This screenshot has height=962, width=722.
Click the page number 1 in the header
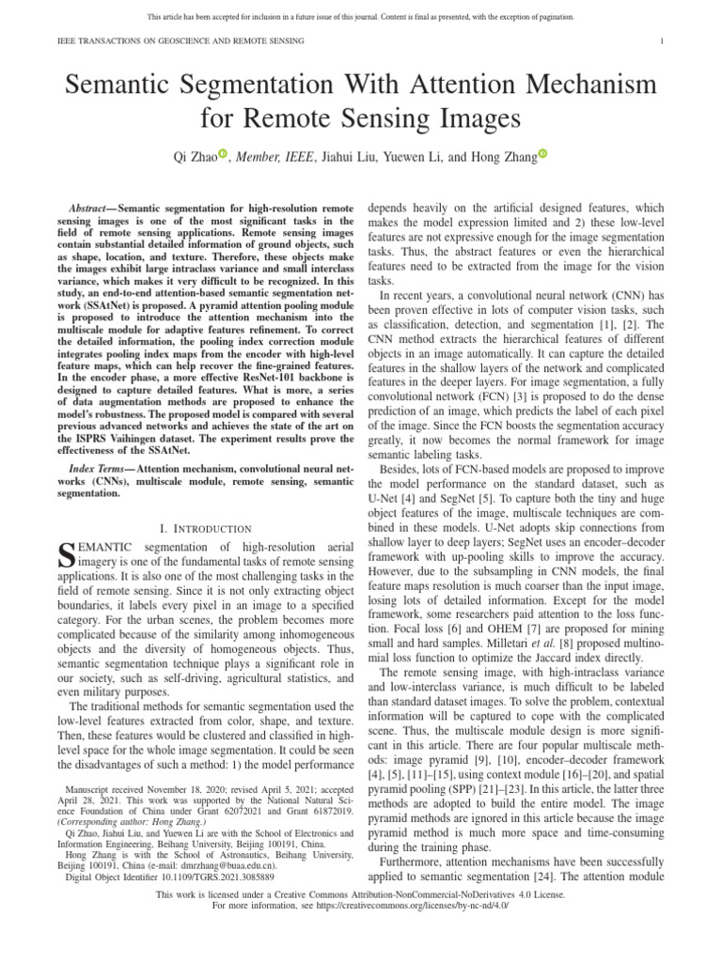coord(663,41)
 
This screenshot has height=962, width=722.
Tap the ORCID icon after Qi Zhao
coord(223,153)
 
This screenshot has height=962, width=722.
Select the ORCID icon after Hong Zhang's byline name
coord(542,153)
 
